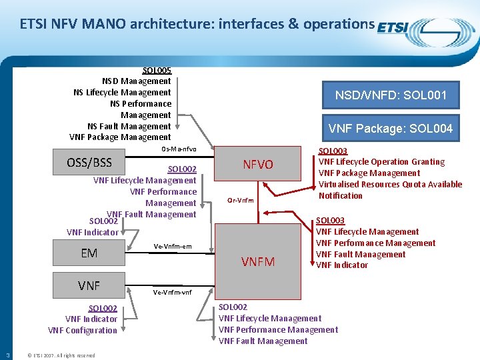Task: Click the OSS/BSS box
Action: click(89, 163)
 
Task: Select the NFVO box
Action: click(257, 164)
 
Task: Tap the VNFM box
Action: click(257, 261)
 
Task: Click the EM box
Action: click(89, 253)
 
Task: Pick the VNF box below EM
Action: click(89, 285)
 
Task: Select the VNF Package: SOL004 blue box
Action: click(391, 128)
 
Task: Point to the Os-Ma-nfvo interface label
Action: click(179, 148)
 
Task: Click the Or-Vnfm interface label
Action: click(240, 200)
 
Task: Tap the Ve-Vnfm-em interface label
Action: click(172, 247)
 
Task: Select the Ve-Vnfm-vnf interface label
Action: click(172, 292)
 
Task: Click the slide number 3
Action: click(7, 355)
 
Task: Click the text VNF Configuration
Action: click(82, 330)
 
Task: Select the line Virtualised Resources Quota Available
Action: click(390, 184)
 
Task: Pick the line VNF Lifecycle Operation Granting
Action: click(381, 161)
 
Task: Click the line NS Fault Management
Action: click(129, 126)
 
